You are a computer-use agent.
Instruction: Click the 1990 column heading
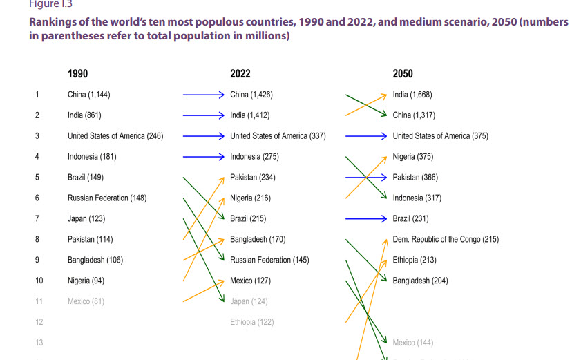tap(77, 74)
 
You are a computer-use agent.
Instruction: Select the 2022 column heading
tap(240, 74)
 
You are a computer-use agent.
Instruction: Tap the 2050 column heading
tap(403, 74)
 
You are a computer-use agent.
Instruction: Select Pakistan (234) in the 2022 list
tap(253, 178)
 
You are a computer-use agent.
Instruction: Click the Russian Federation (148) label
tap(107, 198)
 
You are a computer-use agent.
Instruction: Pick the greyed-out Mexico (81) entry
tap(86, 301)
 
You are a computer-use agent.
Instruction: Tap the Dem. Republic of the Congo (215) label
tap(446, 240)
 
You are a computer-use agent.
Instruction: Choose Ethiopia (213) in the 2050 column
tap(415, 260)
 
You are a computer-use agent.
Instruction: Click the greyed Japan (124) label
tap(249, 301)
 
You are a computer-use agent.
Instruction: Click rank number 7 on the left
tap(37, 219)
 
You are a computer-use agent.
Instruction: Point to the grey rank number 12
tap(39, 322)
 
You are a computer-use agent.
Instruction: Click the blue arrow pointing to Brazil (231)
tap(366, 219)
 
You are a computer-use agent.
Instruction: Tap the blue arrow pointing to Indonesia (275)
tap(204, 157)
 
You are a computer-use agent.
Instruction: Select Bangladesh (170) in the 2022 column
tap(258, 240)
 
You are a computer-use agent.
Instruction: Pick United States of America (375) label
tap(440, 136)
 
